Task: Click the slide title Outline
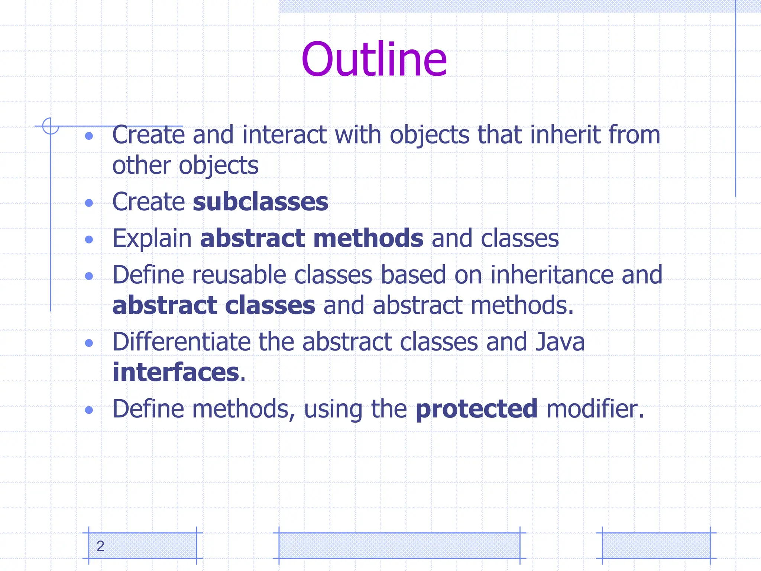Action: (374, 59)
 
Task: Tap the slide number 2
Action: (100, 546)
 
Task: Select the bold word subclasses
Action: (260, 202)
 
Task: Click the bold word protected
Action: (476, 409)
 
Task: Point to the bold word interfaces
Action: (176, 372)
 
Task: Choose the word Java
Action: (560, 342)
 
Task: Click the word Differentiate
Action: (181, 342)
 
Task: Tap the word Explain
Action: (152, 238)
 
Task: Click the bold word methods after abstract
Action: (368, 238)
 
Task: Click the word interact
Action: (284, 135)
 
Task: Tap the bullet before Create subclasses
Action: (89, 203)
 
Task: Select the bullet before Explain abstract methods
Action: (89, 239)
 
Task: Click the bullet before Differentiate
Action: (89, 343)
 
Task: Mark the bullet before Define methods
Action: (89, 410)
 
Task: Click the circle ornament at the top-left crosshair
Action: (51, 126)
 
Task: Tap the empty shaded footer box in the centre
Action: (399, 545)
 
